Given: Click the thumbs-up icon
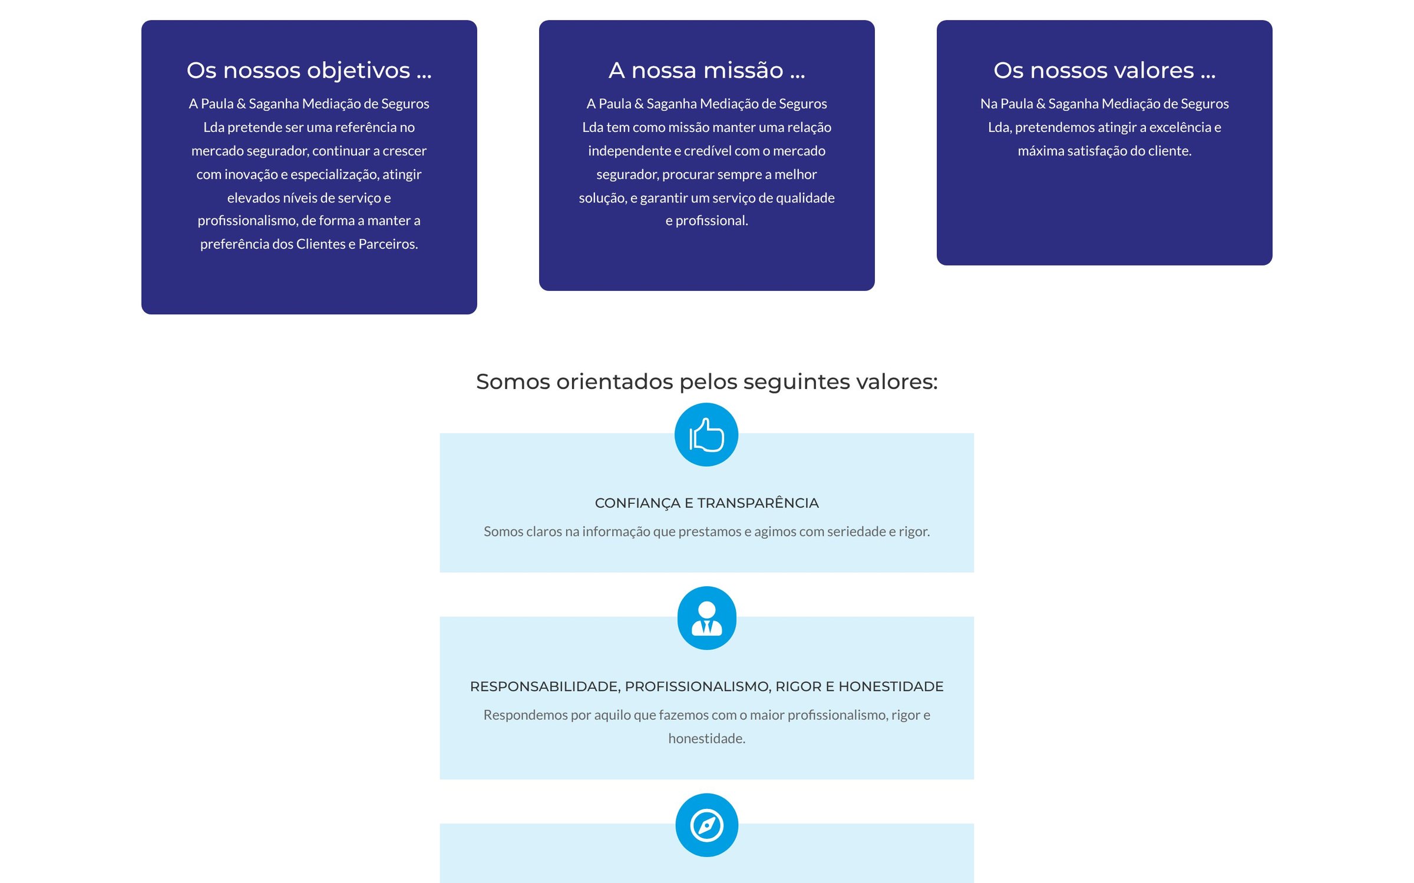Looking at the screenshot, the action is tap(706, 434).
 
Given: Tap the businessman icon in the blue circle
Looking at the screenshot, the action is tap(706, 618).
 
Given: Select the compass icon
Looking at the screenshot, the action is tap(706, 825).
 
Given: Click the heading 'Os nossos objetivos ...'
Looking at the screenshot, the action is tap(309, 71).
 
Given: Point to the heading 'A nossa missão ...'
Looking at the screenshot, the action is tap(706, 71).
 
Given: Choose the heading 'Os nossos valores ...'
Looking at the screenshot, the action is tap(1104, 71).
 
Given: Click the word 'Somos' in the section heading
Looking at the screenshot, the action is tap(513, 381).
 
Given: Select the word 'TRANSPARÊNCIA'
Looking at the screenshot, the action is tap(758, 503).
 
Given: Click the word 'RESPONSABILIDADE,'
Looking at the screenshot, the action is tap(545, 687).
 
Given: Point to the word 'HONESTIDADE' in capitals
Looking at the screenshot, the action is tap(891, 686).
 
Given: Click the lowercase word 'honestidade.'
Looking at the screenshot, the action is tap(706, 738).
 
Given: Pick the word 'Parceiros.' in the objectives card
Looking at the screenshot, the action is tap(388, 244).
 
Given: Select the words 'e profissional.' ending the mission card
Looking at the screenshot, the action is tap(706, 221).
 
